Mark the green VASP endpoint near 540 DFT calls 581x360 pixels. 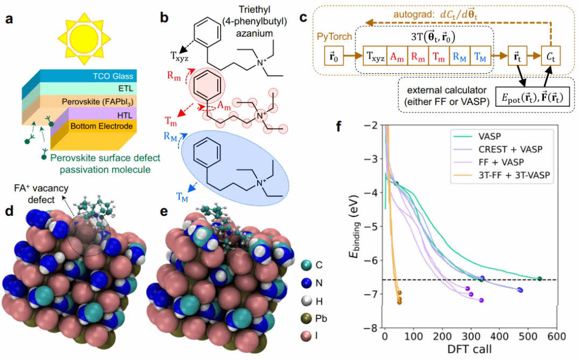[x=540, y=279]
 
